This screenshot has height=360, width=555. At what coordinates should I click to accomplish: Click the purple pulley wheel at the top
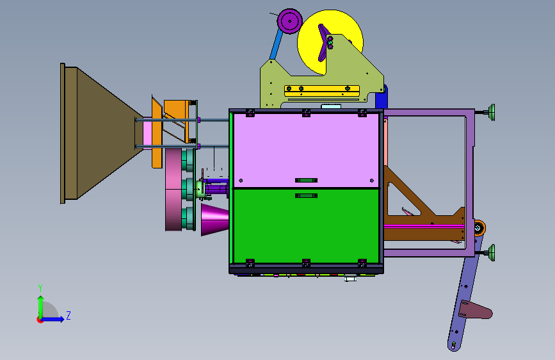point(290,21)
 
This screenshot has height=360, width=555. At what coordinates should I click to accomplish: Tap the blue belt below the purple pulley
point(276,44)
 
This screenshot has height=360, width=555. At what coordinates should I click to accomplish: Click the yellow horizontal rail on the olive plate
point(322,91)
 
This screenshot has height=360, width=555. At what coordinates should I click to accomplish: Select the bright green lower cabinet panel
point(306,226)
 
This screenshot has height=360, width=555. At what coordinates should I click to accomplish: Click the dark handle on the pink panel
point(306,181)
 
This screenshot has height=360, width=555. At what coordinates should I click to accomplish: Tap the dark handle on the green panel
point(306,195)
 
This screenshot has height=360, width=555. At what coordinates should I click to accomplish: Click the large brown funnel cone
point(102,133)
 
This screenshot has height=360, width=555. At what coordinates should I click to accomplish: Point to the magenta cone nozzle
point(214,219)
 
